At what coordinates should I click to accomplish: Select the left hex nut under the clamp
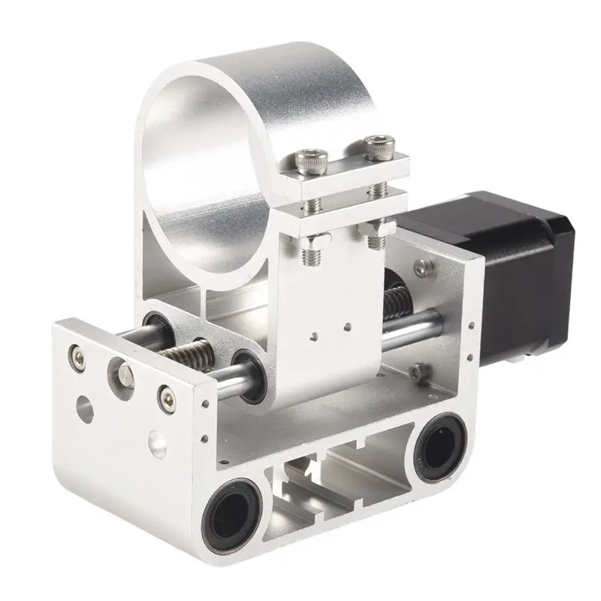(318, 240)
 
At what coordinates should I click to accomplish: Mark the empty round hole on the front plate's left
(85, 409)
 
